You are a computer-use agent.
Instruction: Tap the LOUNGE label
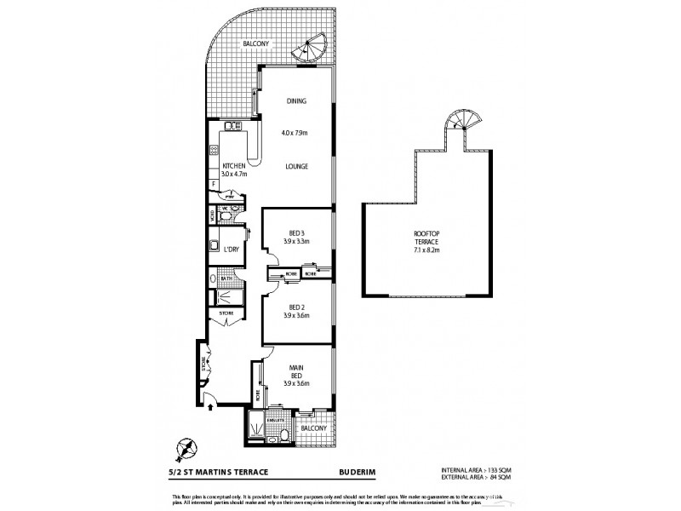click(x=296, y=166)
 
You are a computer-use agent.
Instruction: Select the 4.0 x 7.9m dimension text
click(x=295, y=133)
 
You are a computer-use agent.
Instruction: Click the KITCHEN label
click(x=234, y=166)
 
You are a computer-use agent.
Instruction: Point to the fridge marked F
click(x=213, y=184)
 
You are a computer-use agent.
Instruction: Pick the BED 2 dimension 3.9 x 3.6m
click(x=296, y=316)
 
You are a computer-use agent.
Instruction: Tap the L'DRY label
click(x=231, y=250)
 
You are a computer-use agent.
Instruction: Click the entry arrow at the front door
click(x=211, y=407)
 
